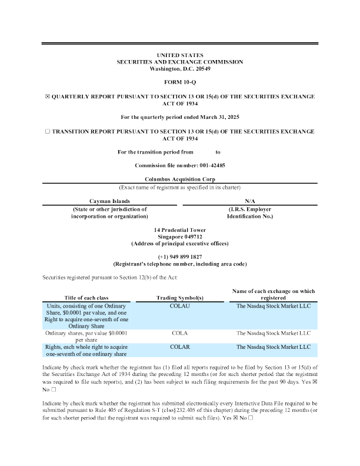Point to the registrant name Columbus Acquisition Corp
point(180,179)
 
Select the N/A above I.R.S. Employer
point(250,201)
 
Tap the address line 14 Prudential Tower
point(180,229)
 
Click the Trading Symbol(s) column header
point(179,298)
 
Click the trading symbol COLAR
point(179,347)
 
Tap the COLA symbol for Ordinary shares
point(179,333)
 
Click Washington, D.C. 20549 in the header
point(180,69)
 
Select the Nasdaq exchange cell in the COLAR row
point(273,347)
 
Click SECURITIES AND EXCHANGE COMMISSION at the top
point(180,62)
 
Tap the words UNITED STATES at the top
point(180,55)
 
